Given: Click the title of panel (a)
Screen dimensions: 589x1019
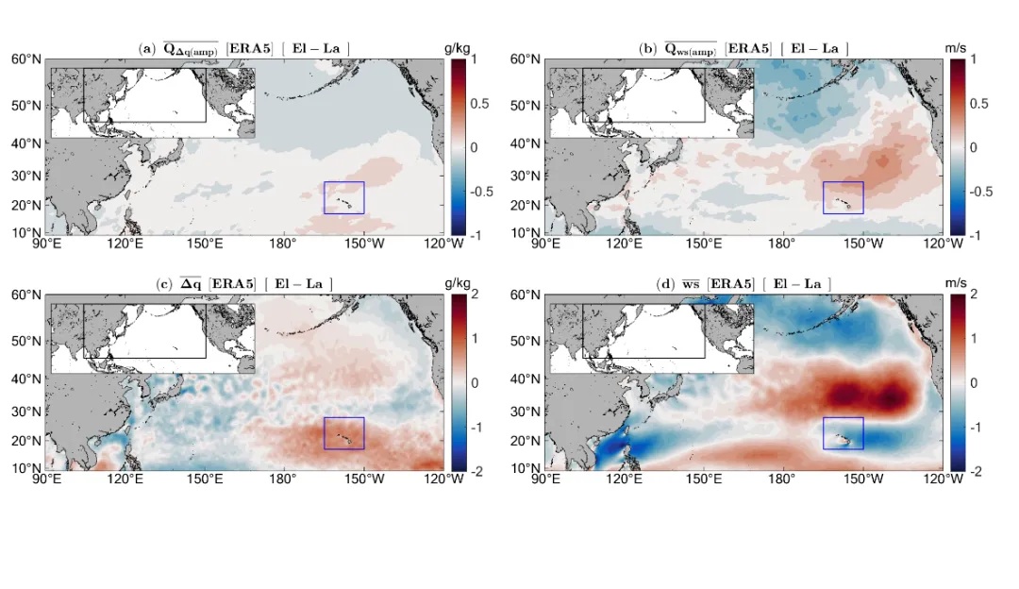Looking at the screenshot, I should [x=244, y=49].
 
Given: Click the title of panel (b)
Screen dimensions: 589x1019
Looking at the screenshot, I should [x=743, y=49].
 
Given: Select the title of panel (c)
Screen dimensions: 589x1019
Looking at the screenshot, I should [x=244, y=284].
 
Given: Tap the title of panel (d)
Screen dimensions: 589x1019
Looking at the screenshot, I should [x=743, y=284].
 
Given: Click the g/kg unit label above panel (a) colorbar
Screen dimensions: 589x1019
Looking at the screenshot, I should [x=458, y=47].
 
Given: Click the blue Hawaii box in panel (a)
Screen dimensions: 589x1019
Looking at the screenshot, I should [x=343, y=197].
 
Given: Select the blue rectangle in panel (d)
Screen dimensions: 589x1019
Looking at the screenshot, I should [x=844, y=433].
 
